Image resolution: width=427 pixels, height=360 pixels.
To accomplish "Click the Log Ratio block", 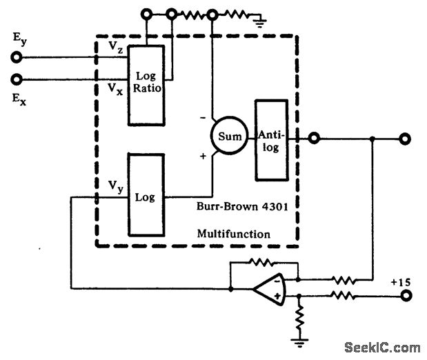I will click(x=146, y=85).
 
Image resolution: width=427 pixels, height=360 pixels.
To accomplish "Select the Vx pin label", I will click(x=115, y=88).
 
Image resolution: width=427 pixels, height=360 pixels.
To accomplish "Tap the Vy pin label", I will click(x=115, y=186).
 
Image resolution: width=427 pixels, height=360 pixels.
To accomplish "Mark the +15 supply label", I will click(x=401, y=282).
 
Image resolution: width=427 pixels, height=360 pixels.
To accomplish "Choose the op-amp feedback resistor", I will click(x=263, y=262).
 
